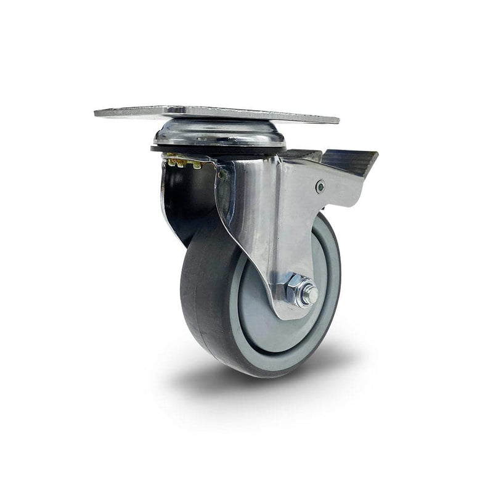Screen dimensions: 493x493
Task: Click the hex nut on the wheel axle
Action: (x=298, y=290)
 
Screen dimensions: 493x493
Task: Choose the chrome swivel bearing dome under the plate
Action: (x=219, y=132)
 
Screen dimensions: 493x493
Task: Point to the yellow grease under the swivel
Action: (x=182, y=163)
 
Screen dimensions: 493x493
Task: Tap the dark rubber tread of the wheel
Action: (x=203, y=296)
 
